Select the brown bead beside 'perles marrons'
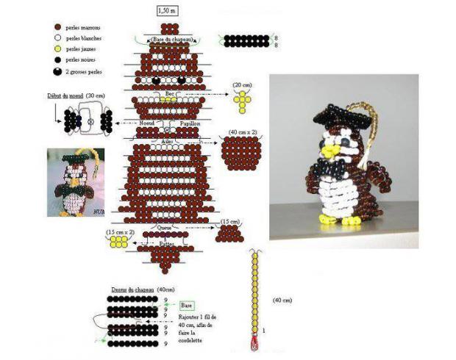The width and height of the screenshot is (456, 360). (57, 26)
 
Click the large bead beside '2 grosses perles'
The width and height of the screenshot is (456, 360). (57, 71)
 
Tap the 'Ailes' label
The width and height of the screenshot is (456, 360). (167, 140)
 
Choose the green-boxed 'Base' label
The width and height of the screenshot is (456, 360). (188, 304)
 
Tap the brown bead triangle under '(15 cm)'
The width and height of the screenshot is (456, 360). (229, 234)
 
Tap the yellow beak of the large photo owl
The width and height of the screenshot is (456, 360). (333, 151)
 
